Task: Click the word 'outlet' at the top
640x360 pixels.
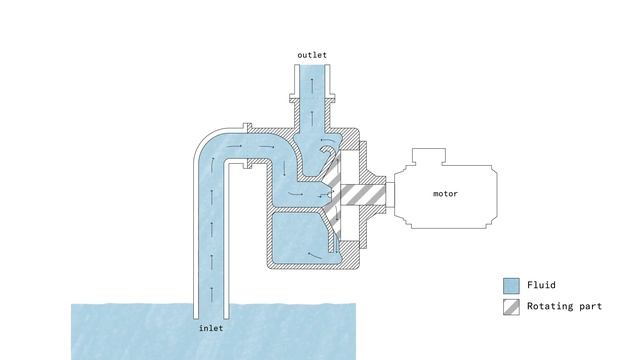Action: pos(312,54)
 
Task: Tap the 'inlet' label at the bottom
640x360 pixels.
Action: pos(212,327)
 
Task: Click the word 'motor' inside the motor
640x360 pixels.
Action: pos(445,193)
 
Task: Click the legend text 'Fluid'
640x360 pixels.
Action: pos(542,285)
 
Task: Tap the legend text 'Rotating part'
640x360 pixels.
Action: pos(564,306)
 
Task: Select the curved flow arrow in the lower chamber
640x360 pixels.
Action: pos(315,255)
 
